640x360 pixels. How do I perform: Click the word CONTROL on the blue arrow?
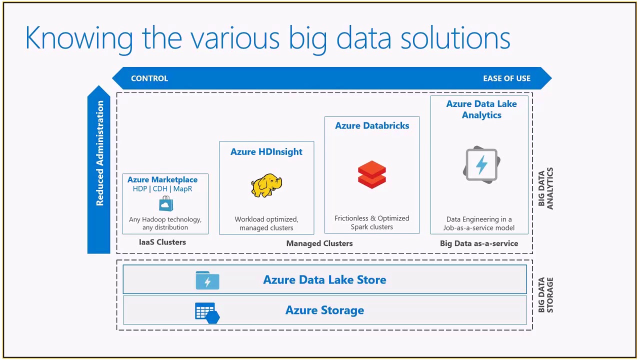[x=149, y=78]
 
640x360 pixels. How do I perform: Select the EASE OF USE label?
[x=506, y=78]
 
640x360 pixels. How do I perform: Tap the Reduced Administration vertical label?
[x=100, y=153]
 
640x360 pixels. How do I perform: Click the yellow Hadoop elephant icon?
[x=266, y=185]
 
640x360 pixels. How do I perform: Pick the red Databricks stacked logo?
[x=372, y=174]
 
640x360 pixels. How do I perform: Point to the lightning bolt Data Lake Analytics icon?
[x=481, y=164]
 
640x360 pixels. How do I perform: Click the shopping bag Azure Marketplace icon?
[x=166, y=204]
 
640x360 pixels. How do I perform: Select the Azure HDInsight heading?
[x=266, y=152]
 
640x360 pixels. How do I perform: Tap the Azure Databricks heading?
[x=372, y=126]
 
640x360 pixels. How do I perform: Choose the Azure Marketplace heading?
[x=162, y=179]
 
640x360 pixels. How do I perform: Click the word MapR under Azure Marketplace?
[x=182, y=189]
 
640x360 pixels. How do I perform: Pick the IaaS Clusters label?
[x=162, y=242]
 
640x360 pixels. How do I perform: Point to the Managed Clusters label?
[x=319, y=243]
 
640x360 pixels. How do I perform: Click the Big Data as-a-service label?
[x=479, y=243]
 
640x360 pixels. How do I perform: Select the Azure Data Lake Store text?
[x=324, y=280]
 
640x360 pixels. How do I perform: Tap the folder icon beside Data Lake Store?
[x=207, y=280]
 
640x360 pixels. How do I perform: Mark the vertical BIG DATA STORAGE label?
[x=545, y=295]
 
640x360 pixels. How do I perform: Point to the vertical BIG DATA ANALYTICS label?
[x=545, y=188]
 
